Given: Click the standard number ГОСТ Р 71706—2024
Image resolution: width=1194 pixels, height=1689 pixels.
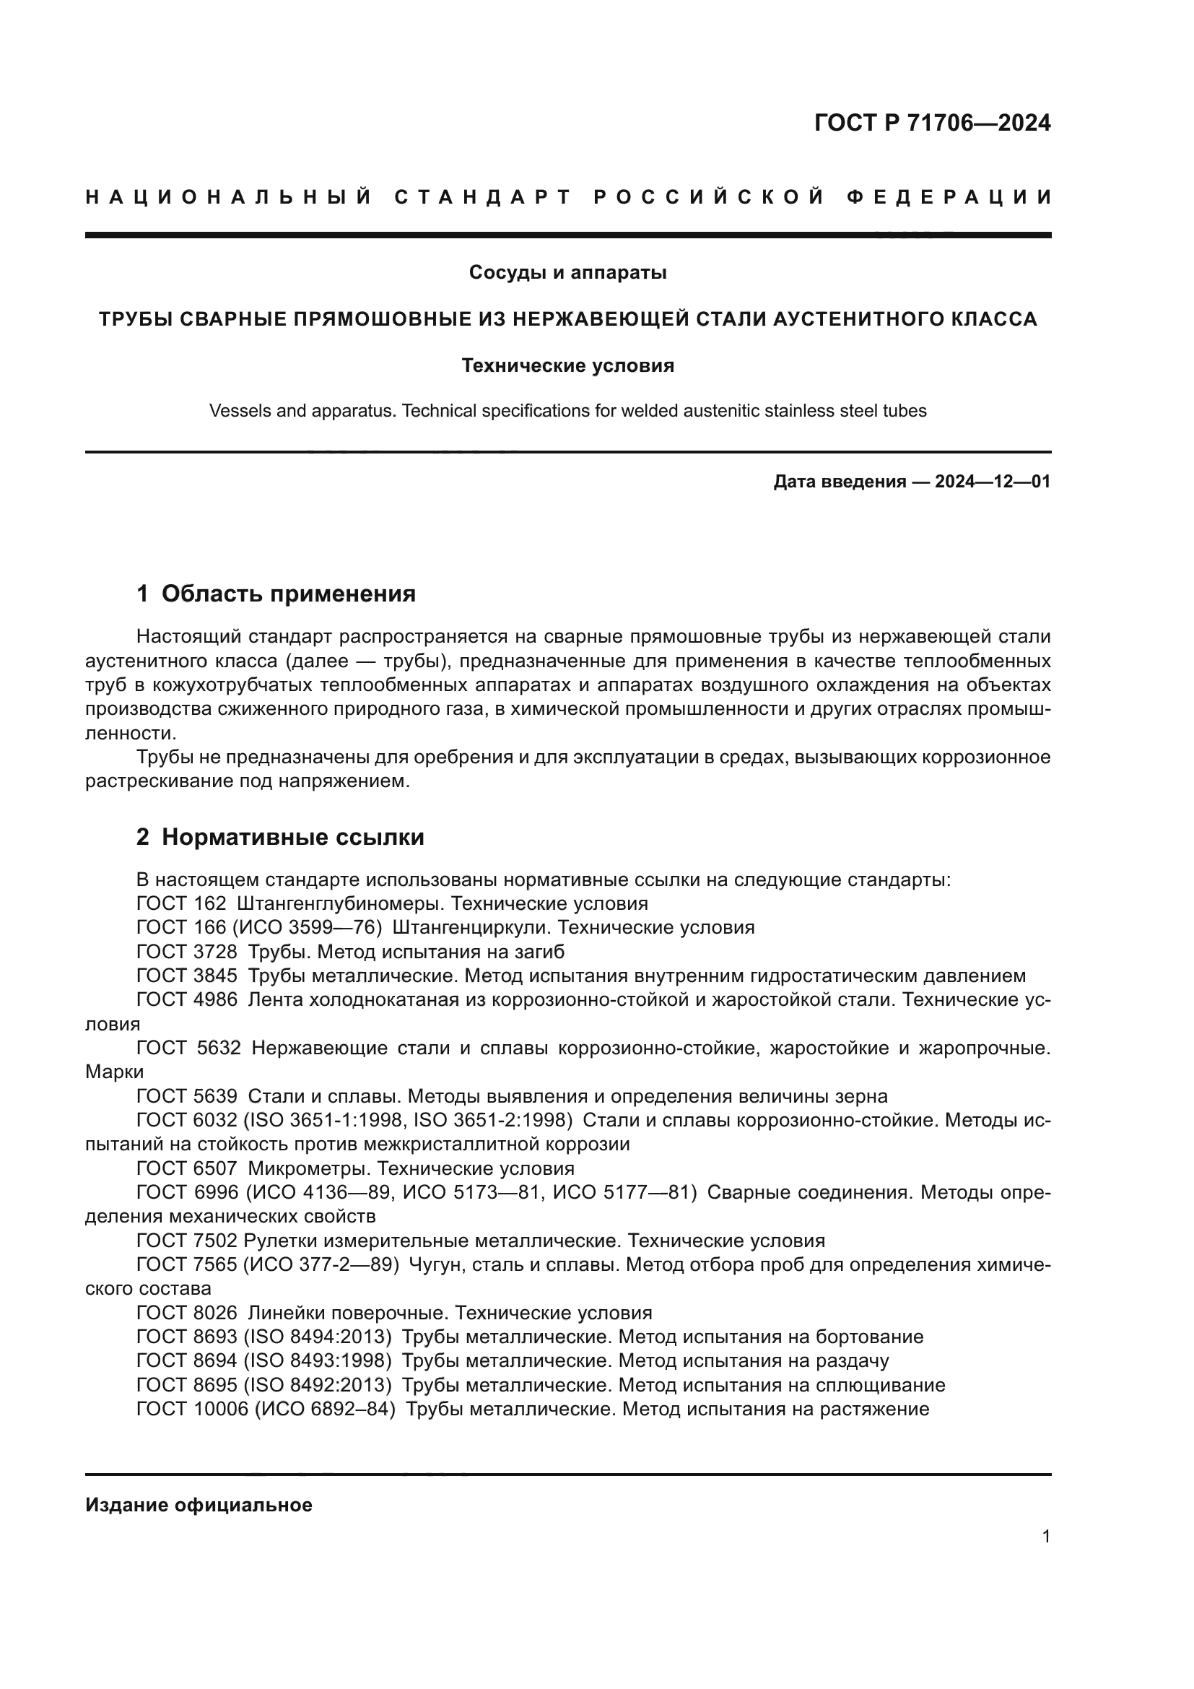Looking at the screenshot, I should pyautogui.click(x=932, y=123).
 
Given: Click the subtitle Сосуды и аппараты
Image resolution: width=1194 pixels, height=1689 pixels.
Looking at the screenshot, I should pyautogui.click(x=567, y=273).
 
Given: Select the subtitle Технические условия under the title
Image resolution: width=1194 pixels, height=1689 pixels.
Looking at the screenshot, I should pyautogui.click(x=567, y=365).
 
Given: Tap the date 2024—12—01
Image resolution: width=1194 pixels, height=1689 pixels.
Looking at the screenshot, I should pyautogui.click(x=993, y=482).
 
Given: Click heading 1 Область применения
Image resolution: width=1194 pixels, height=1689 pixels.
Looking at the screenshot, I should pyautogui.click(x=276, y=594).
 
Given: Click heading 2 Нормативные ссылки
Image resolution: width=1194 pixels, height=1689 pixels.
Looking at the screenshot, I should pyautogui.click(x=280, y=837).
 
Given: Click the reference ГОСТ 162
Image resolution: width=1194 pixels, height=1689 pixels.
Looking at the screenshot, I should pyautogui.click(x=181, y=903).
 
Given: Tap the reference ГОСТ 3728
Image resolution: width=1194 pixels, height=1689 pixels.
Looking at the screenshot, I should pyautogui.click(x=187, y=952).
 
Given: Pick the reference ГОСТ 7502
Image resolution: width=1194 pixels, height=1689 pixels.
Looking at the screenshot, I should pyautogui.click(x=187, y=1241).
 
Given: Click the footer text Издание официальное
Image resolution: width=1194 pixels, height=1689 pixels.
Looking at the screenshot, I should pyautogui.click(x=199, y=1505).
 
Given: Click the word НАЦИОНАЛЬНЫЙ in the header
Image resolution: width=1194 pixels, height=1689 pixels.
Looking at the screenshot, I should pyautogui.click(x=229, y=197).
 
